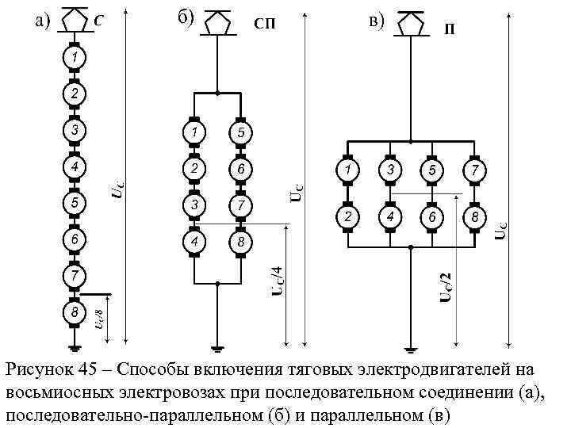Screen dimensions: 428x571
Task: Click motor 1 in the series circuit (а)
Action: [73, 58]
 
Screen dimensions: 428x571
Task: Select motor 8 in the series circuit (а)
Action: [73, 313]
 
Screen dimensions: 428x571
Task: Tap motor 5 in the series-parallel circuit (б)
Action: [240, 132]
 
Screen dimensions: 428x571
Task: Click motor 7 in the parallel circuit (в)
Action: [474, 171]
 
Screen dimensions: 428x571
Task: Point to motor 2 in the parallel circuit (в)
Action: [347, 216]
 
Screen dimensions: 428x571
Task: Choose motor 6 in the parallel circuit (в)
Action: [432, 216]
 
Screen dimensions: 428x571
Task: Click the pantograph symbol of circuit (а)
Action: [73, 21]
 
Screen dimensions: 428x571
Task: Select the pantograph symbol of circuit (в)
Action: [411, 23]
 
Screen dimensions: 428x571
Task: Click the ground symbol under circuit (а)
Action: [73, 346]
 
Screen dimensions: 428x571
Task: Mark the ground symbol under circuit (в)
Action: [411, 347]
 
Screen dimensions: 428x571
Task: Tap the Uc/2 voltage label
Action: [446, 286]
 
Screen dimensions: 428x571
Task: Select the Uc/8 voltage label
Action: [97, 320]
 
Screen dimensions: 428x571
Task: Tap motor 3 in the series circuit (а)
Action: [73, 130]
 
